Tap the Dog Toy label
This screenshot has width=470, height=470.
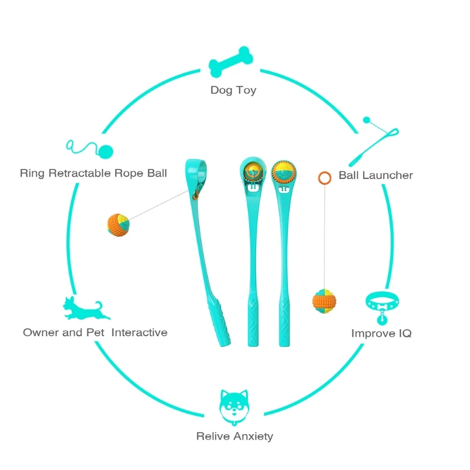pyautogui.click(x=233, y=90)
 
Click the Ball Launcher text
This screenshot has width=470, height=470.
pyautogui.click(x=375, y=175)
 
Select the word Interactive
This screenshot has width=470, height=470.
pyautogui.click(x=139, y=333)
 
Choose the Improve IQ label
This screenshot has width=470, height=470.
pyautogui.click(x=381, y=333)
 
